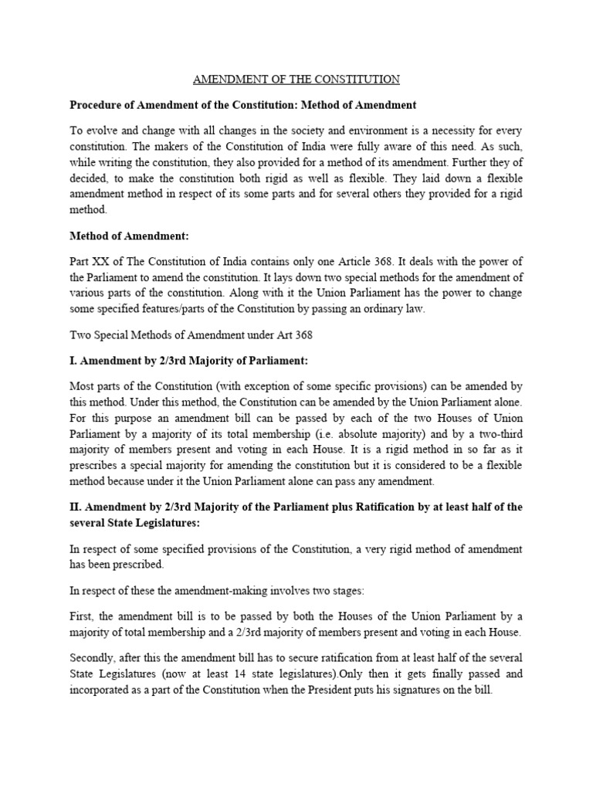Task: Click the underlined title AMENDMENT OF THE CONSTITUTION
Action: tap(296, 80)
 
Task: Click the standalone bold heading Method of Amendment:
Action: tap(129, 235)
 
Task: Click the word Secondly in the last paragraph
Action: tap(94, 657)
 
